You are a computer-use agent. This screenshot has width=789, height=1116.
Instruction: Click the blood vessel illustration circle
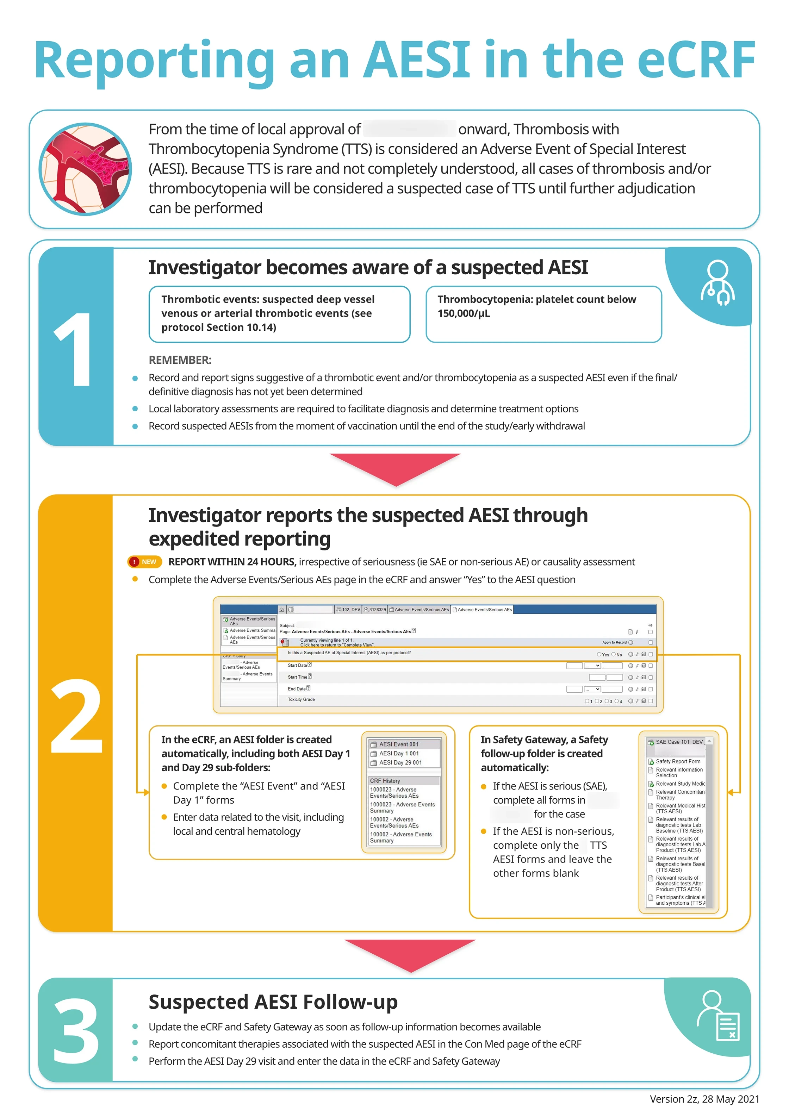[x=85, y=169]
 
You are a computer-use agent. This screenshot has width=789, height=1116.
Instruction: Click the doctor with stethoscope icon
[x=717, y=283]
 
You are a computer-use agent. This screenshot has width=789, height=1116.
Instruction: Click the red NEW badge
[x=144, y=562]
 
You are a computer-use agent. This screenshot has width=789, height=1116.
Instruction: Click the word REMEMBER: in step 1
[x=180, y=360]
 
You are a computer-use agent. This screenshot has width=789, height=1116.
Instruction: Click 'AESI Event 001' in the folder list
[x=399, y=744]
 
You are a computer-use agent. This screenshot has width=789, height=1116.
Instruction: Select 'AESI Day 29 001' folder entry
[x=400, y=763]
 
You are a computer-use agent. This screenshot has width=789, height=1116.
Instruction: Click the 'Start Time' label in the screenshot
[x=298, y=677]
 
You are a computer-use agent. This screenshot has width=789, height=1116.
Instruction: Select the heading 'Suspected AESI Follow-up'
[x=273, y=1002]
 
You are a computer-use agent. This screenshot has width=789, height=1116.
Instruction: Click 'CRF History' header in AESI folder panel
[x=385, y=781]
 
